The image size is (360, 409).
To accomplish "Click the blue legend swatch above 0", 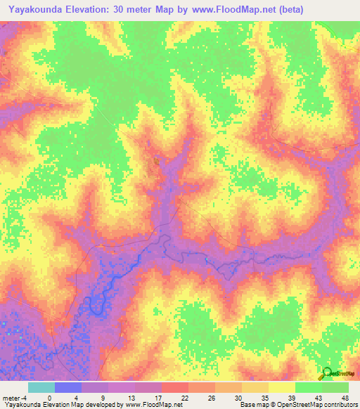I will point(68,387).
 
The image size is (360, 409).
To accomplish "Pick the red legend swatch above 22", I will point(175,387).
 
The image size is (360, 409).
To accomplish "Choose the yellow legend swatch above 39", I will point(282,387).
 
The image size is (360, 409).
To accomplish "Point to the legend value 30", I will point(238,397).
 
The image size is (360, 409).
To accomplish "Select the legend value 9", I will point(105,397).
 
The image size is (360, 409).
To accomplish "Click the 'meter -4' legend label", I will point(15,397).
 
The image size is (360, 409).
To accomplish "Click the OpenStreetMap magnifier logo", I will point(327,374).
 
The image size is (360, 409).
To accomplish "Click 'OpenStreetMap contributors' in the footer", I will point(323,405).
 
